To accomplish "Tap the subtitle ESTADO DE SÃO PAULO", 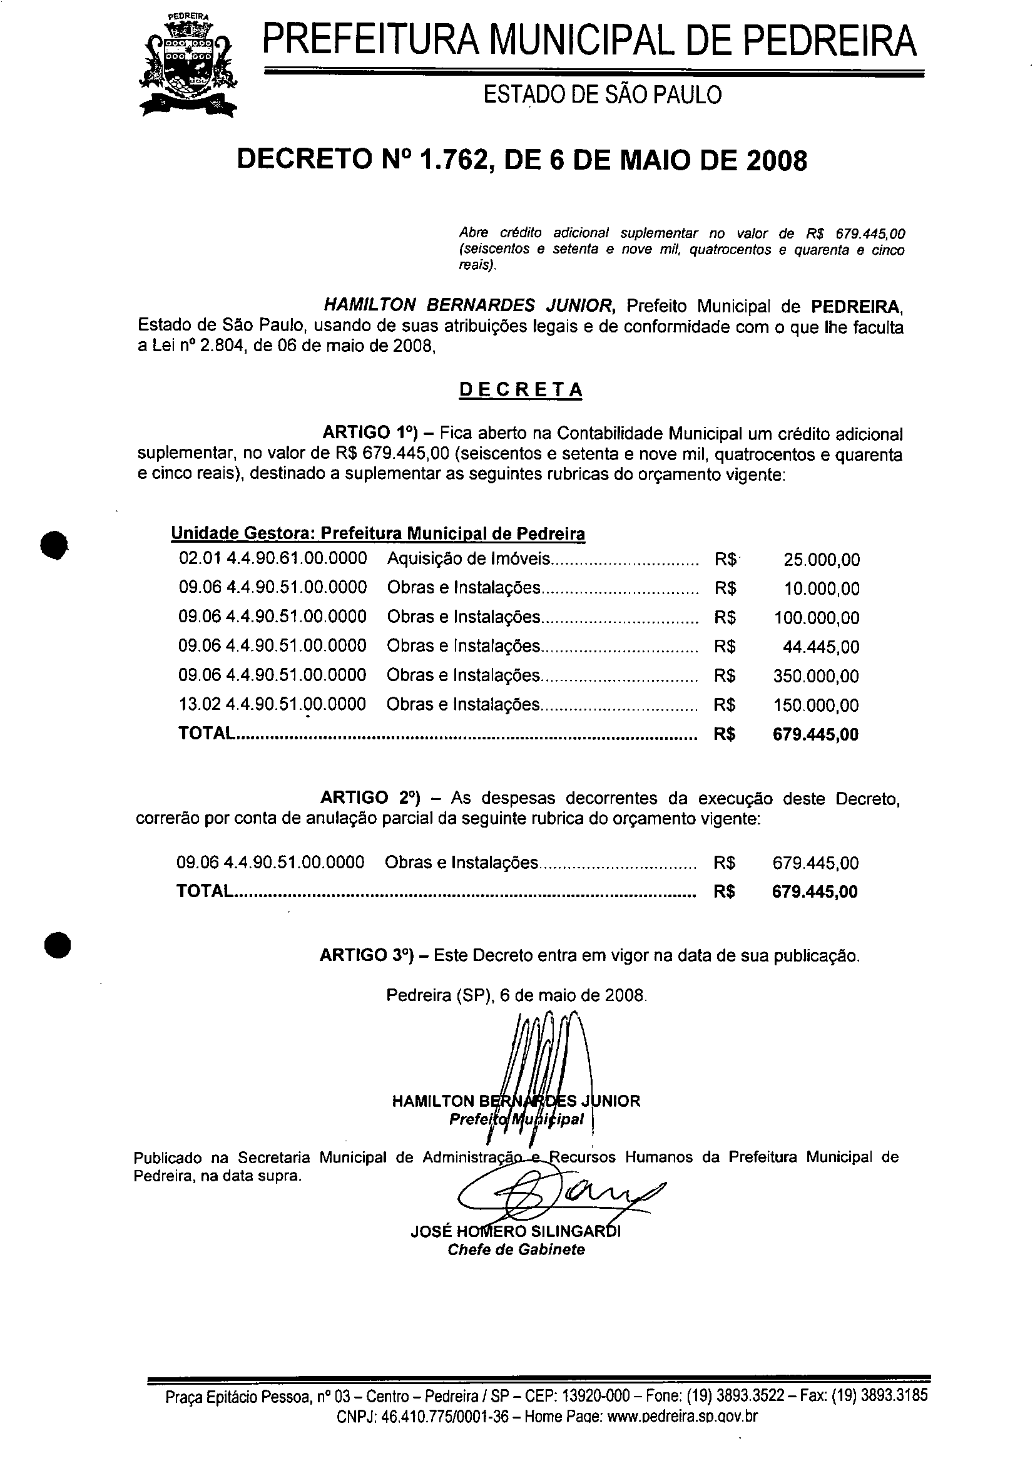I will point(602,95).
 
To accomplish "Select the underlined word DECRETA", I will point(521,389).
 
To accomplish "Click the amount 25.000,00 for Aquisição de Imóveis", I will point(822,560).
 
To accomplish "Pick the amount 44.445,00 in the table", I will point(821,647).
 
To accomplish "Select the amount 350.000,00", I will point(816,677).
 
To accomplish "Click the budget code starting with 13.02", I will point(272,705).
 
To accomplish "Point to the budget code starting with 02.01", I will point(273,559).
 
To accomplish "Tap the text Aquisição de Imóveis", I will point(469,559).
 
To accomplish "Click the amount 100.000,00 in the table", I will point(817,619).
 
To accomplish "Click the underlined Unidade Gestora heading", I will point(378,533).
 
